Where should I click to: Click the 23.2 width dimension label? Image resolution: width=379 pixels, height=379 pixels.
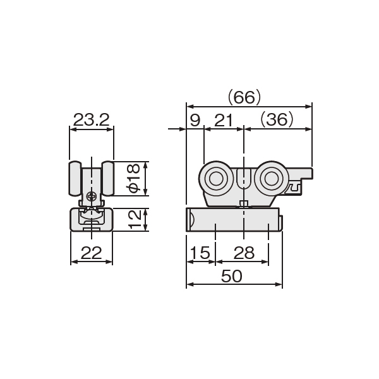tap(92, 119)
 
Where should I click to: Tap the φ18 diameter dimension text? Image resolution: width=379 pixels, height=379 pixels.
tap(133, 178)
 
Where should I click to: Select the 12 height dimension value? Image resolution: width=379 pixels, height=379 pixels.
tap(135, 219)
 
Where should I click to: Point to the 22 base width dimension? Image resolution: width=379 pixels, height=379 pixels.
tap(91, 253)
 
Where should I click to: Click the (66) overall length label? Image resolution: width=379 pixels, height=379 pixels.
tap(244, 97)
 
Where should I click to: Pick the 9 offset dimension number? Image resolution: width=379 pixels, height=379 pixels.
tap(195, 120)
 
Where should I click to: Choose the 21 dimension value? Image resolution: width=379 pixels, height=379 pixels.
tap(224, 120)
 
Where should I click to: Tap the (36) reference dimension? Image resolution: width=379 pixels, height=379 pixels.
tap(277, 119)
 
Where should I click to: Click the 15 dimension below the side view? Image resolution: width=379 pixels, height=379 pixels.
tap(200, 253)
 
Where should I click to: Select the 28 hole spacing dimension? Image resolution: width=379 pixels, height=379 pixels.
tap(244, 253)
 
